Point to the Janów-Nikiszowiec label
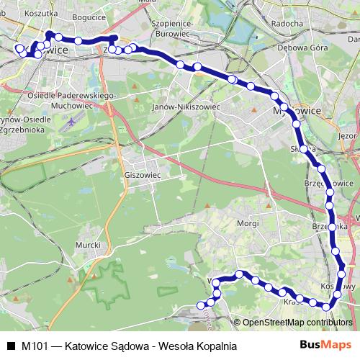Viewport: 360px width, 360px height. (186, 107)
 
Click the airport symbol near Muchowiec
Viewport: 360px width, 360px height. (67, 123)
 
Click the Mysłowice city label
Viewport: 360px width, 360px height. (299, 112)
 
